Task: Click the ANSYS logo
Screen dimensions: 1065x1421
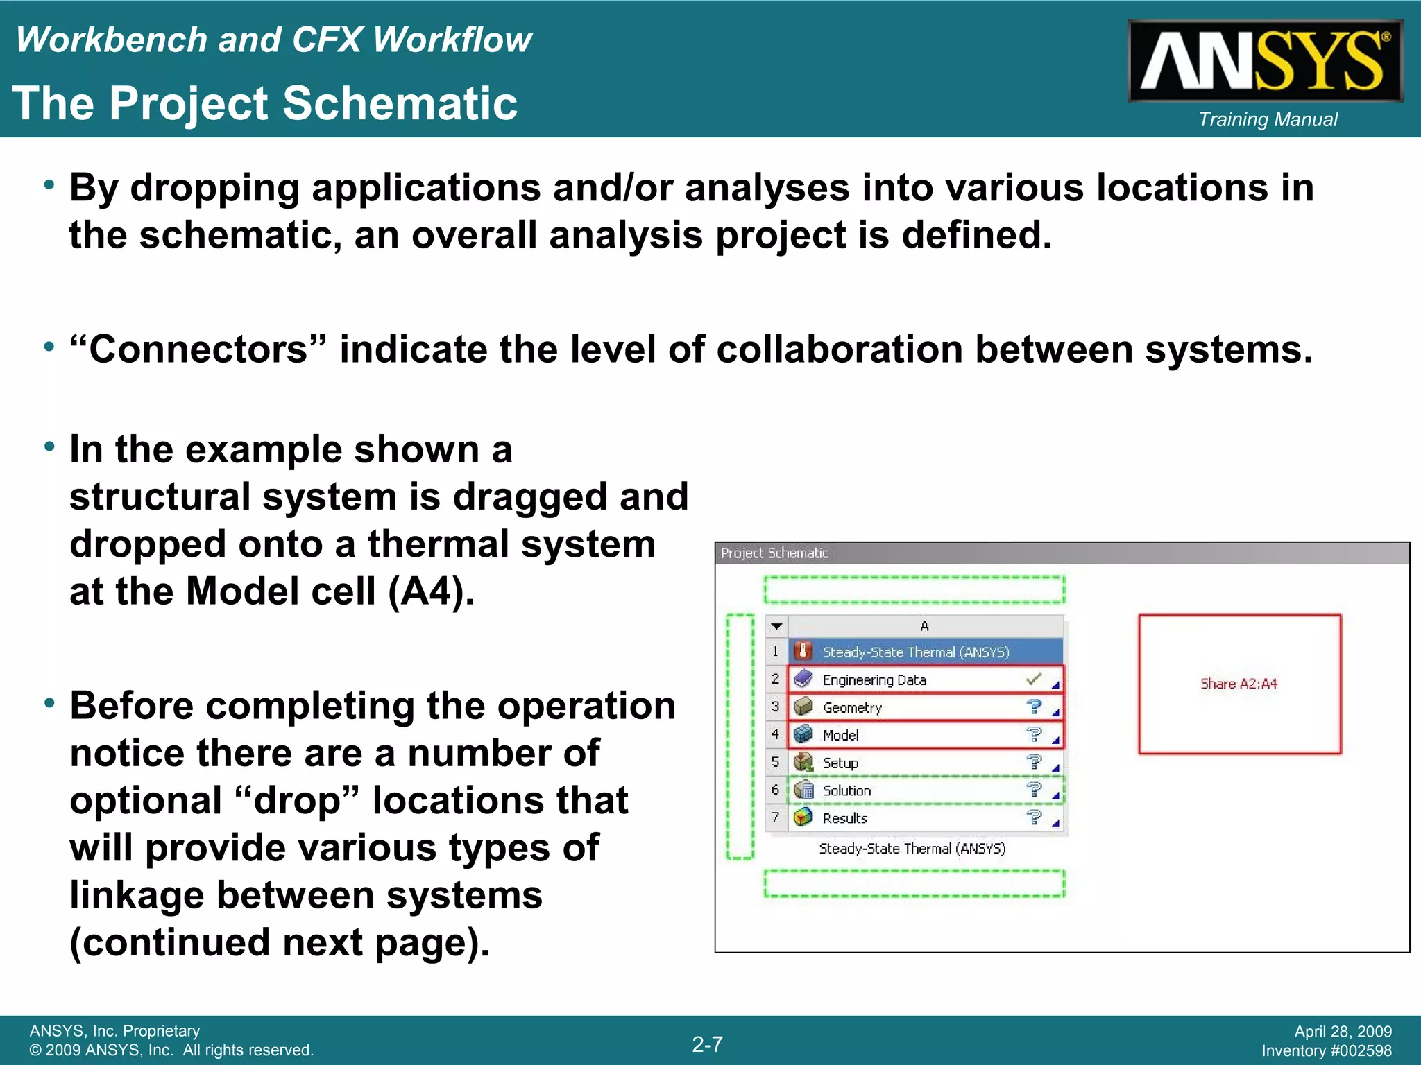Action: coord(1264,61)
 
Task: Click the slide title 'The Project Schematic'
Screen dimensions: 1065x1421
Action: coord(265,104)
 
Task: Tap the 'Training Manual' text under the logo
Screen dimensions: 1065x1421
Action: coord(1268,120)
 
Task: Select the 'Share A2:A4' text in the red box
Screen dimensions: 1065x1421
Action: coord(1239,684)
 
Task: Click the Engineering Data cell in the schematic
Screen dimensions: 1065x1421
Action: coord(874,680)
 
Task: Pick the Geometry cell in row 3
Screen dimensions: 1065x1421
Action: coord(852,708)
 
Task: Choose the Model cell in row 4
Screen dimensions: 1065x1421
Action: coord(840,736)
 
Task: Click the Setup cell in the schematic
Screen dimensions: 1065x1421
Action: coord(840,763)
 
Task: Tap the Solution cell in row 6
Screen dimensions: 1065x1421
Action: coord(846,791)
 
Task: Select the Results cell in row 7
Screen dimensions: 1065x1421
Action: coord(844,819)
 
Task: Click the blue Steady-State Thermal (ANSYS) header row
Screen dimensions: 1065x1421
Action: coord(915,652)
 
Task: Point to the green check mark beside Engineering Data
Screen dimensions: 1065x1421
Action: coord(1033,679)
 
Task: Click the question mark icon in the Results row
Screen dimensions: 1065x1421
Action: coord(1034,817)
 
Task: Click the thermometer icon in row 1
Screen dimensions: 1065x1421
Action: coord(803,652)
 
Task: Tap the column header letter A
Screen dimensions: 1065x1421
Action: coord(924,626)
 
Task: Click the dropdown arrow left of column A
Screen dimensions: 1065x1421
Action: coord(776,626)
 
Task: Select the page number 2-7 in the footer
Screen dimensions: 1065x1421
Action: coord(707,1044)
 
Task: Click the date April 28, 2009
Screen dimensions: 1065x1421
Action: coord(1343,1032)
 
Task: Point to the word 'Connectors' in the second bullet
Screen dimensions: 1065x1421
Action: coord(198,349)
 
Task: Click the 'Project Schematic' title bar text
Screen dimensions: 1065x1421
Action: coord(774,553)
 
